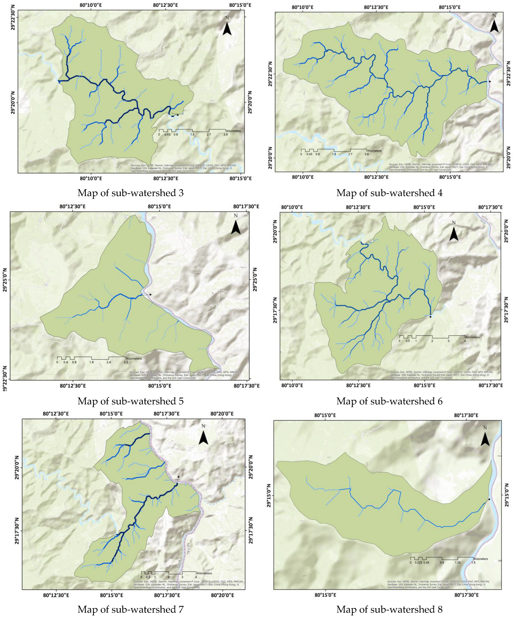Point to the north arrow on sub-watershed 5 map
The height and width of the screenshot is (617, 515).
click(x=236, y=227)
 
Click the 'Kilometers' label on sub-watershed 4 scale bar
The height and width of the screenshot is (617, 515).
click(x=374, y=151)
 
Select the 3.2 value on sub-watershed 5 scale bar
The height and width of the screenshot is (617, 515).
click(x=126, y=362)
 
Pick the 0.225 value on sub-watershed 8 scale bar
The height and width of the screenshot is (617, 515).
click(x=418, y=563)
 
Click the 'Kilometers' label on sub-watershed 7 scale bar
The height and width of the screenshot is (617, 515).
click(x=204, y=573)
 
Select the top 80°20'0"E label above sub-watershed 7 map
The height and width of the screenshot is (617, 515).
click(x=222, y=414)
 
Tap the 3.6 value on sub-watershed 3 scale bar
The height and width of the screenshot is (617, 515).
click(x=225, y=135)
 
